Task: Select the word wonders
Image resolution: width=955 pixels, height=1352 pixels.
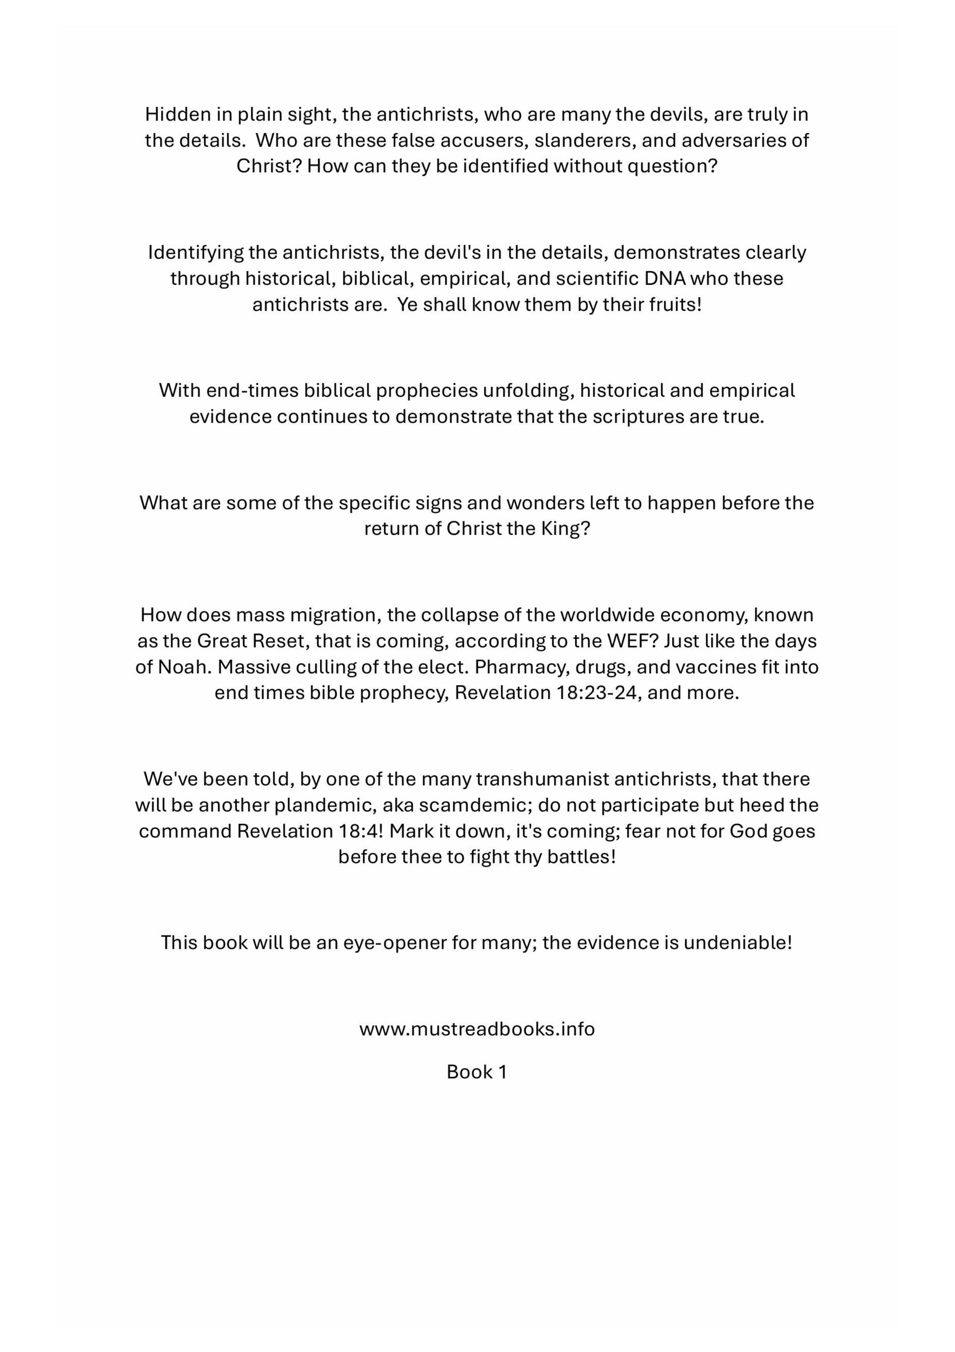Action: pyautogui.click(x=545, y=503)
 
